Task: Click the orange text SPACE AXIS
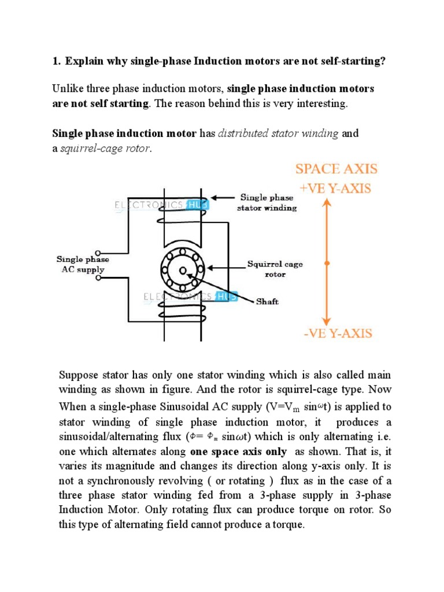336,169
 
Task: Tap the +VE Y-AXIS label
335,188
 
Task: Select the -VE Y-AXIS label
336,334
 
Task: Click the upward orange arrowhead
327,204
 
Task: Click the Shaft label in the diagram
267,302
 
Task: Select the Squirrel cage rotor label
275,269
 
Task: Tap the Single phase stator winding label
267,203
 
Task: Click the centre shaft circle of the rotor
183,271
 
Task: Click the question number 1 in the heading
55,61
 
